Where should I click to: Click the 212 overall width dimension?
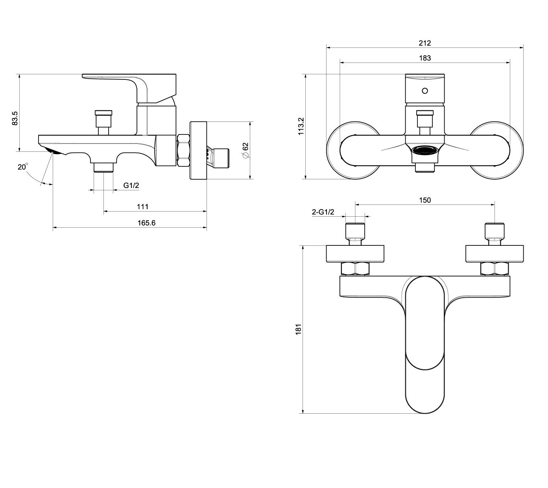425,43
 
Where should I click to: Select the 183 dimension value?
425,58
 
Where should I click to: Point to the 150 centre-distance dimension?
425,200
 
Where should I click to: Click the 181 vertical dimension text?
298,329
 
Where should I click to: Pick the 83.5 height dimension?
15,118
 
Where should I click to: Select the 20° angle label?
23,167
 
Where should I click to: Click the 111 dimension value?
143,207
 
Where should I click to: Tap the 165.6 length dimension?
146,223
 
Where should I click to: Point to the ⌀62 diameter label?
246,151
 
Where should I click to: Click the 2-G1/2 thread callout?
323,212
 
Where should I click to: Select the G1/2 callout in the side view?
131,185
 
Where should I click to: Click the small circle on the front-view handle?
425,91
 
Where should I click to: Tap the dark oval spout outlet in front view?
425,150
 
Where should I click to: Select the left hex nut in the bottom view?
355,269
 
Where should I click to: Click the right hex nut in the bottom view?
494,269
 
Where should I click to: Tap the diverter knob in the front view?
425,114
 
